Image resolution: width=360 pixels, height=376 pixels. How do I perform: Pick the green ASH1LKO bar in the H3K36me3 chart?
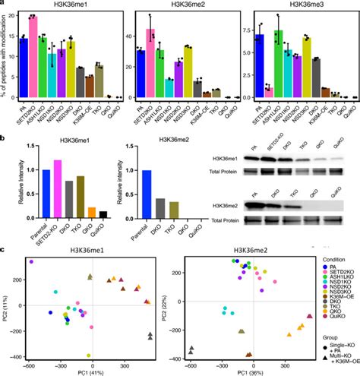click(279, 65)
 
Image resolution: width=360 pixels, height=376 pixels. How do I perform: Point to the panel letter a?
click(4, 5)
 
